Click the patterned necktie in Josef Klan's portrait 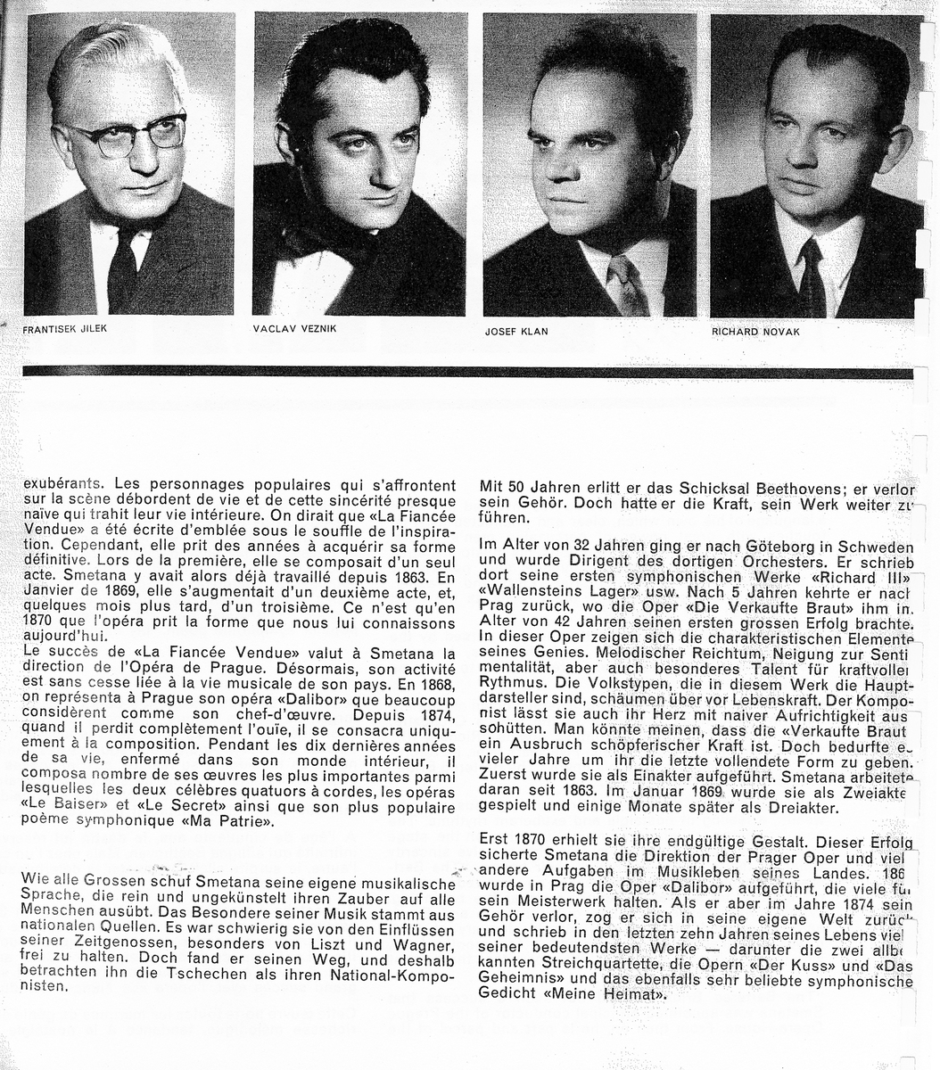click(x=626, y=281)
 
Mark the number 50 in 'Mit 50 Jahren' click(x=518, y=489)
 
